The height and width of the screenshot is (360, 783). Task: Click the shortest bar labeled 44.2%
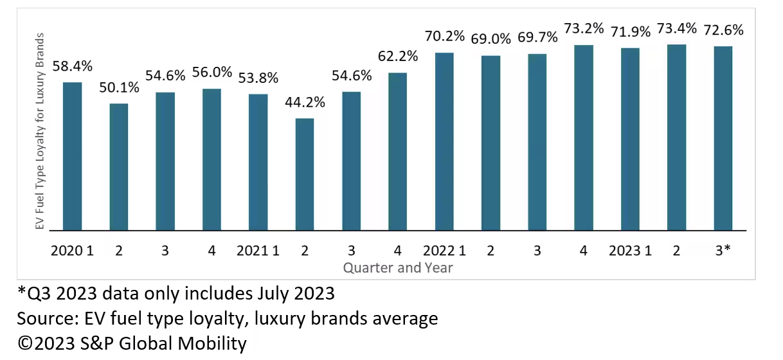click(305, 174)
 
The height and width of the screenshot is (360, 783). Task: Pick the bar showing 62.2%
click(397, 151)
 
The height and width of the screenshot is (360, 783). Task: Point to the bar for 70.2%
click(444, 141)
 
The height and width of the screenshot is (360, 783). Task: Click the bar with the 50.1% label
click(119, 166)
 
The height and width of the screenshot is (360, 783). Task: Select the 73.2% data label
click(583, 29)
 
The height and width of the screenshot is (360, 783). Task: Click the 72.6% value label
click(723, 30)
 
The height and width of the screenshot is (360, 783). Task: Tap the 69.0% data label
click(491, 39)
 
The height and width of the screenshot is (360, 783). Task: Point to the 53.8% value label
click(258, 78)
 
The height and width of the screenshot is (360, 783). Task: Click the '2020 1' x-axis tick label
click(72, 251)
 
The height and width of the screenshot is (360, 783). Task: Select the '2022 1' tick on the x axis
click(444, 251)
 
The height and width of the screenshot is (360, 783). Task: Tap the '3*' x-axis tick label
click(723, 251)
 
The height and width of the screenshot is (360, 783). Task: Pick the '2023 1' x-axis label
click(630, 251)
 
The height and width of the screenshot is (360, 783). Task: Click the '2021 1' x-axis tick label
click(258, 251)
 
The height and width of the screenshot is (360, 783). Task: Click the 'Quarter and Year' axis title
click(397, 267)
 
